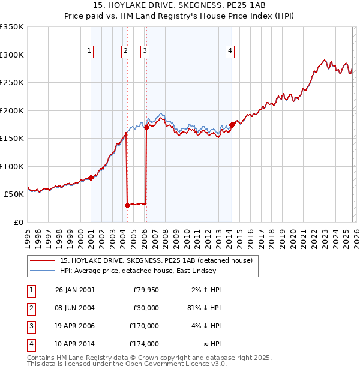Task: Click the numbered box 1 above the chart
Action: pyautogui.click(x=89, y=52)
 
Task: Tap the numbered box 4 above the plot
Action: pyautogui.click(x=230, y=52)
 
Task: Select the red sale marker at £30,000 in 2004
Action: pyautogui.click(x=127, y=205)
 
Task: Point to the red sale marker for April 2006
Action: pyautogui.click(x=147, y=127)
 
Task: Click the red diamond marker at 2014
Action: pyautogui.click(x=232, y=125)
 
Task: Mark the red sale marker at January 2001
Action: pyautogui.click(x=91, y=178)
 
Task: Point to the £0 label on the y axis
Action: pyautogui.click(x=19, y=222)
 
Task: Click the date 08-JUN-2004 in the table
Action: pyautogui.click(x=75, y=308)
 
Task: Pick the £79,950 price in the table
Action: pyautogui.click(x=145, y=290)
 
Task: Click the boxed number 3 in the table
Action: pyautogui.click(x=31, y=326)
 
